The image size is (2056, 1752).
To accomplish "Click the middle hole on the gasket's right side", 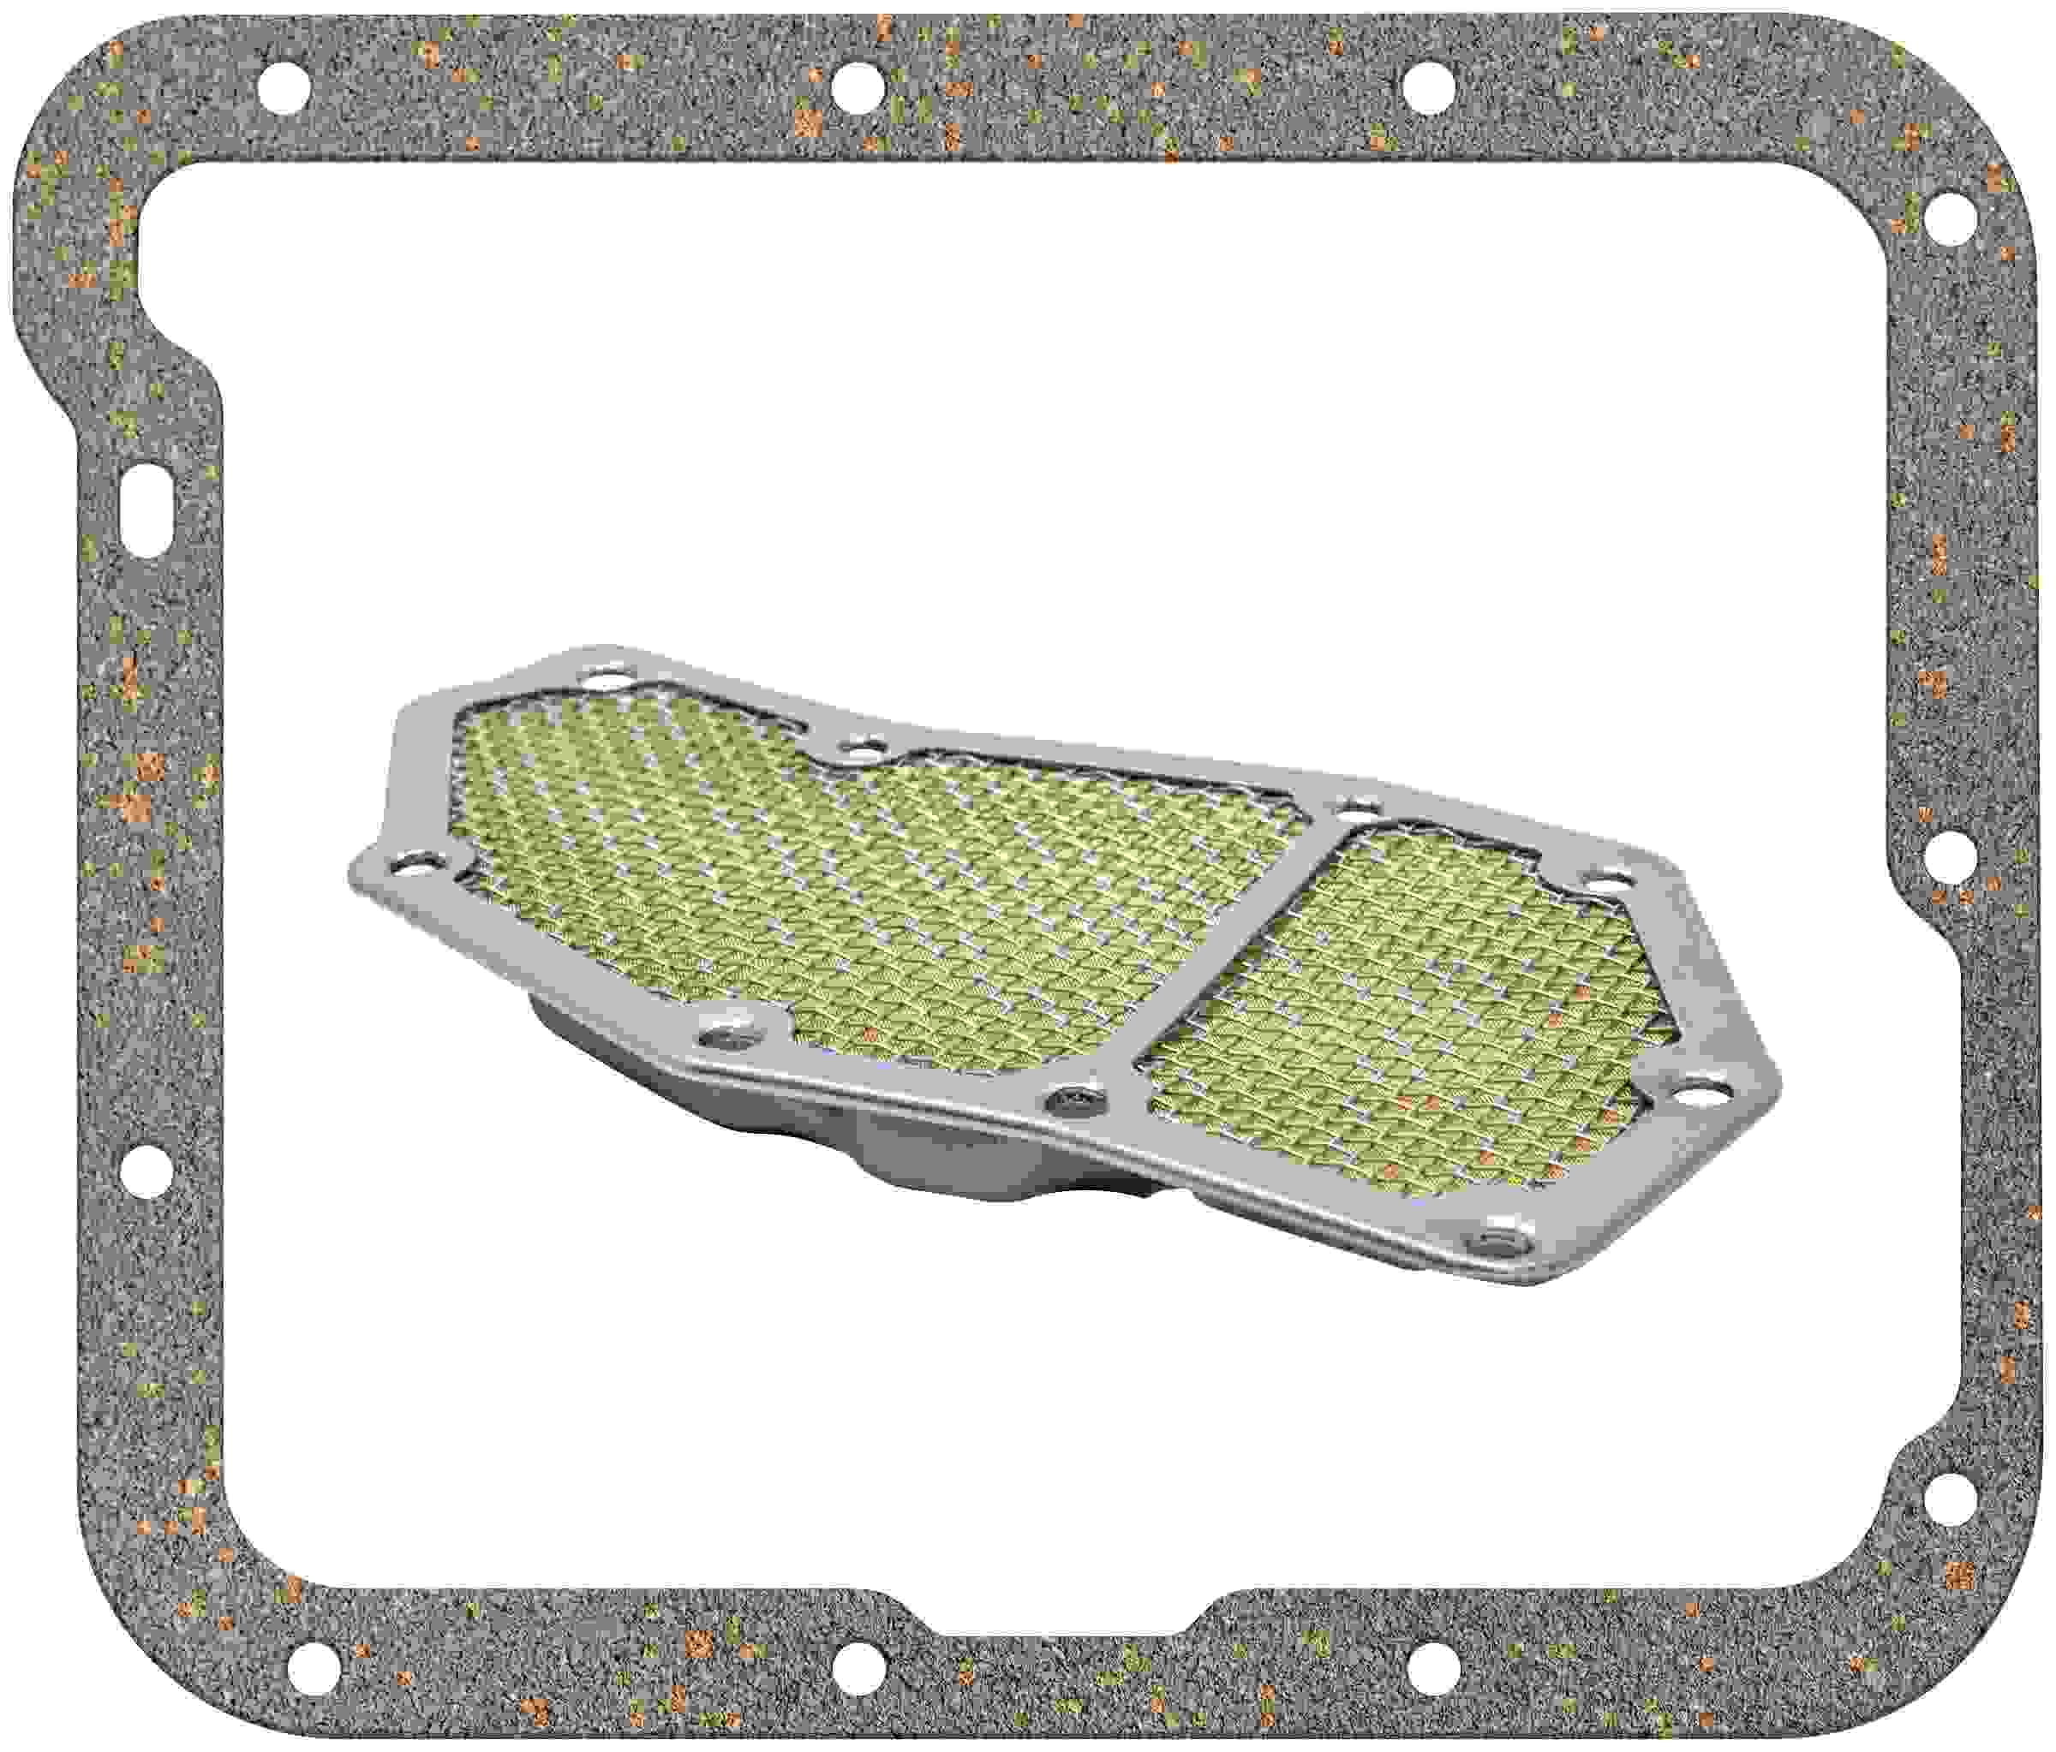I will pos(1951,856).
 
